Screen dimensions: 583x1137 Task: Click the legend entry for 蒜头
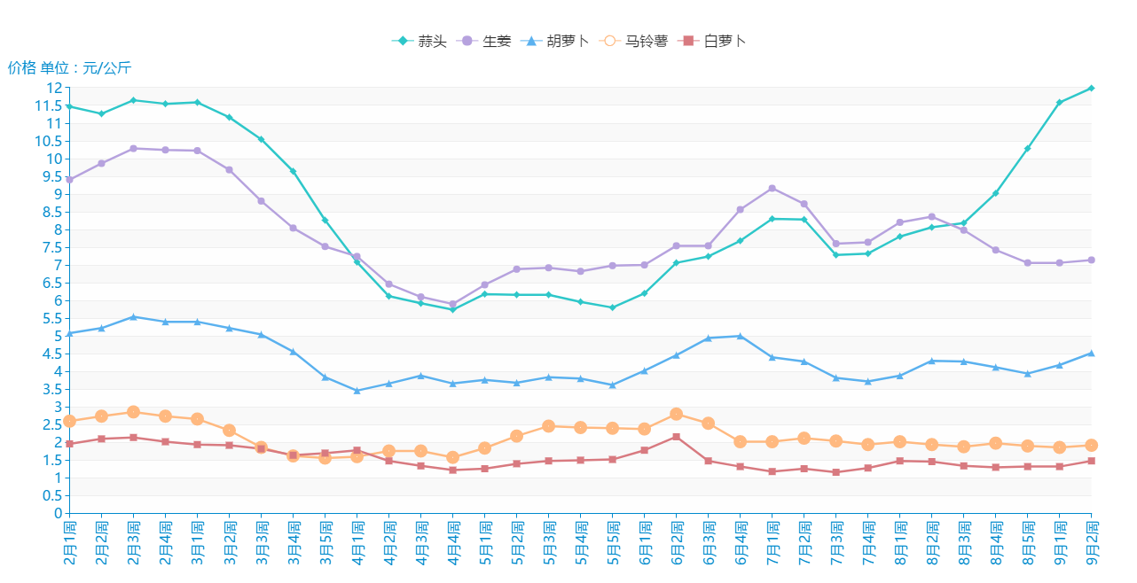tap(420, 41)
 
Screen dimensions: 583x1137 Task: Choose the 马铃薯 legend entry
tap(633, 41)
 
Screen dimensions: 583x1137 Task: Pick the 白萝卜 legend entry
tap(712, 41)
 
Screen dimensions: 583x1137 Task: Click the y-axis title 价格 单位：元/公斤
tap(69, 68)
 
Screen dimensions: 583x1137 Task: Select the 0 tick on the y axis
tap(58, 513)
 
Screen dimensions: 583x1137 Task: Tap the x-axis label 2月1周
tap(70, 544)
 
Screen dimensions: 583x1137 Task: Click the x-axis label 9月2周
tap(1092, 544)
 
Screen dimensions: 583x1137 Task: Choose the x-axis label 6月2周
tap(677, 544)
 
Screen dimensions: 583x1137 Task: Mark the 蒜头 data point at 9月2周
tap(1091, 88)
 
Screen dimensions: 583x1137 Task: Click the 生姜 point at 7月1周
tap(772, 188)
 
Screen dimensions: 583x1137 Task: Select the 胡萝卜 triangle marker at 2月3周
tap(133, 316)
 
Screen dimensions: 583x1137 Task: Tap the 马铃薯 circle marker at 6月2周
tap(676, 414)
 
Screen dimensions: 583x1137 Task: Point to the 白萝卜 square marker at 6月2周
tap(676, 437)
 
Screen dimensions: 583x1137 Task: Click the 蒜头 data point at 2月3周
tap(133, 100)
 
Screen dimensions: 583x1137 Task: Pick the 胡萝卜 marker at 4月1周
tap(357, 391)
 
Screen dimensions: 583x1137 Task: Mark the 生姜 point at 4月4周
tap(452, 304)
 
